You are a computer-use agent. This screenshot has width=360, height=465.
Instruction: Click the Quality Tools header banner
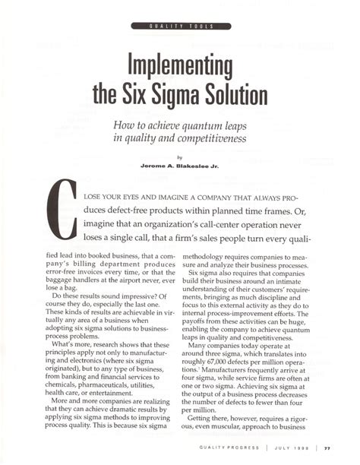click(x=180, y=27)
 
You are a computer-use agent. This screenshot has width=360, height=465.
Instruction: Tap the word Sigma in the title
click(x=178, y=95)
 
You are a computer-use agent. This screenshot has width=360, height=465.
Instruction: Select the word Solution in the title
click(x=236, y=95)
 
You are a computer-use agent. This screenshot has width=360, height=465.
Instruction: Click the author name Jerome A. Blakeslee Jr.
click(x=179, y=164)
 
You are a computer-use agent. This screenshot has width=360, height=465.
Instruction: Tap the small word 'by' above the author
click(x=180, y=155)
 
